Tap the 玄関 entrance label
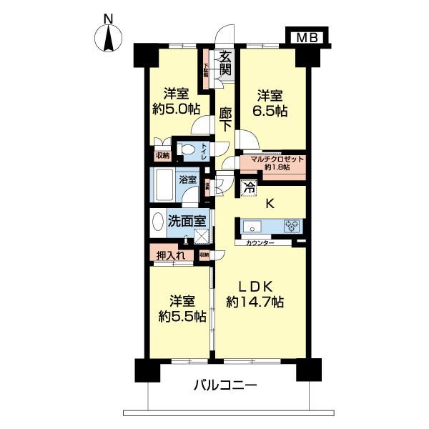tap(225, 64)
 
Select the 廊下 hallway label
tap(225, 117)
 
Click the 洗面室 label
tap(184, 222)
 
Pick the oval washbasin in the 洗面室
tap(157, 223)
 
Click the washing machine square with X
tap(204, 235)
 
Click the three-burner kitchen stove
tap(292, 227)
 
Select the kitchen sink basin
tap(254, 227)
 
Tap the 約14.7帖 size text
tap(255, 302)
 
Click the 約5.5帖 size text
tap(178, 313)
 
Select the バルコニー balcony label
tap(225, 386)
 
